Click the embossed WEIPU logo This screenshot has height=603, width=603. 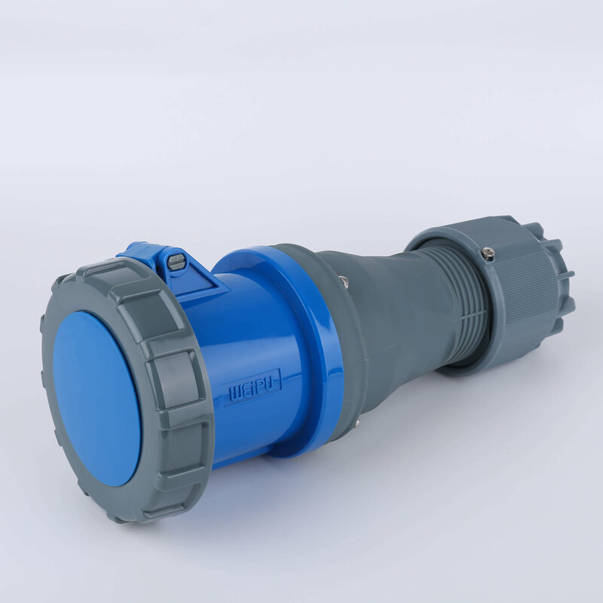tap(253, 386)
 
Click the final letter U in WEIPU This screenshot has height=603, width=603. tap(273, 379)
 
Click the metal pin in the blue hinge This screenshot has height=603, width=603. tap(175, 262)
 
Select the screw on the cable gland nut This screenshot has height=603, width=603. tap(488, 254)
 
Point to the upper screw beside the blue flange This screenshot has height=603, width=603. tap(344, 283)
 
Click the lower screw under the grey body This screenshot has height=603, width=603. tap(354, 424)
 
